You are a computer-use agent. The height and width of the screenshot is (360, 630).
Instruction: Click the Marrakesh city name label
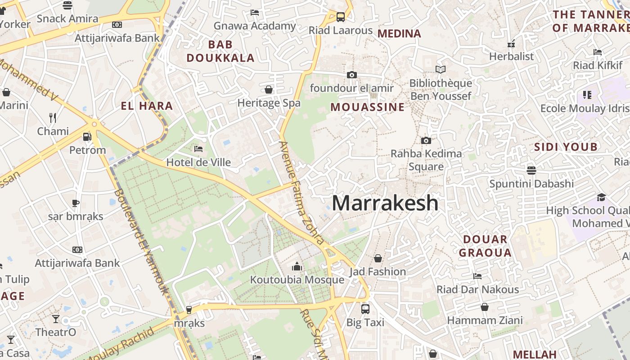(385, 203)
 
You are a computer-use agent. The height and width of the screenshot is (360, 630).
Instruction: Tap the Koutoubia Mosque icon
(297, 266)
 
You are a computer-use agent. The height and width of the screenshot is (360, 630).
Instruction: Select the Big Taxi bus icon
(365, 309)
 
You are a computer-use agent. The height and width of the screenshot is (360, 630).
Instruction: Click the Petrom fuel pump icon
(87, 136)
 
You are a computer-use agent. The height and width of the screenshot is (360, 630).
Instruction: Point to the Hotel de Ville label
(198, 162)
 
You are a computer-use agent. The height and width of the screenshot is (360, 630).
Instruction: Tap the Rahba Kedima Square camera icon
(426, 140)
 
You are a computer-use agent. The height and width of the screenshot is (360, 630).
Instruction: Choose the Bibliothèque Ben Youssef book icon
(441, 70)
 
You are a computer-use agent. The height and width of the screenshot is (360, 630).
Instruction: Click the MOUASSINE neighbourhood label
(368, 107)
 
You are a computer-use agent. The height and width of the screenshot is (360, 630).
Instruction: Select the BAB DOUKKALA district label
(220, 51)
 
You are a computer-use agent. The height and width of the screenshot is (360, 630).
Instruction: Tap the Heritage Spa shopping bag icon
(269, 90)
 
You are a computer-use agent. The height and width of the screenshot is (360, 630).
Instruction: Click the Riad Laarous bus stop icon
(341, 17)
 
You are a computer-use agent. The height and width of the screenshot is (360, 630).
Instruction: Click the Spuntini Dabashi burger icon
(531, 171)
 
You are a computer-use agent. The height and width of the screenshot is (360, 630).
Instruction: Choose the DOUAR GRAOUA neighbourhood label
(485, 246)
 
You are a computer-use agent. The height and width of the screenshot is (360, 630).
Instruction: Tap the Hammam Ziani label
(485, 320)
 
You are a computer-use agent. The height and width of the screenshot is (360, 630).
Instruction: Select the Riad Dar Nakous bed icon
(477, 276)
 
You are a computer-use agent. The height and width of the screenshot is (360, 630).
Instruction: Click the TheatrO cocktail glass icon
(56, 319)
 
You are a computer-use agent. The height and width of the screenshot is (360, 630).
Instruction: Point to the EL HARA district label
(147, 106)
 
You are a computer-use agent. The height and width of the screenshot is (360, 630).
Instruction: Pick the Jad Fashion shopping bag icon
(378, 258)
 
